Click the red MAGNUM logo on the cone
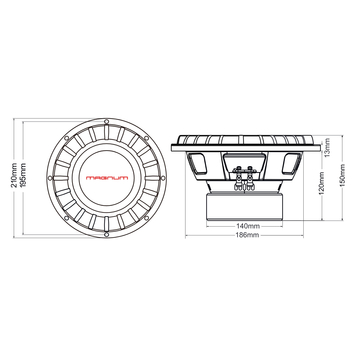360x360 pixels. (x=107, y=178)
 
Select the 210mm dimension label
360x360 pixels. (x=14, y=175)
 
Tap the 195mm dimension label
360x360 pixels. (x=23, y=175)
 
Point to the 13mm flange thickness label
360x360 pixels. (x=327, y=147)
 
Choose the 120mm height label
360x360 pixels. (x=322, y=183)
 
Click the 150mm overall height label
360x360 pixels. (x=342, y=175)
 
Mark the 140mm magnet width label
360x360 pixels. (x=245, y=226)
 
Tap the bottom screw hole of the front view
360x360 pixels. (x=106, y=235)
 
